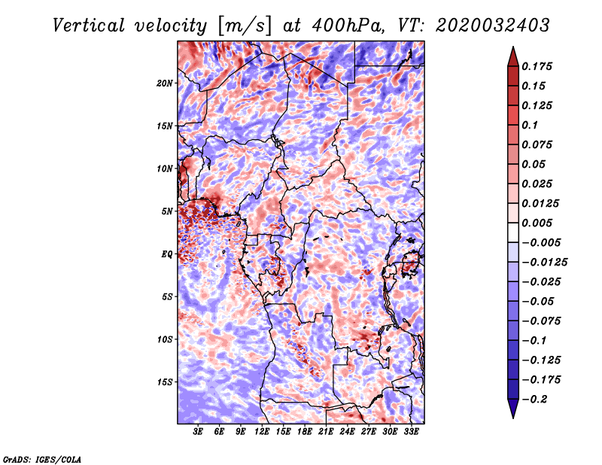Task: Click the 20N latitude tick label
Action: [165, 83]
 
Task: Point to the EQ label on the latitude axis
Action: [167, 254]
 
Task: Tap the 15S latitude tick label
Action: [165, 382]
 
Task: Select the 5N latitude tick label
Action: [167, 211]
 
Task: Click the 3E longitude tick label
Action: [199, 432]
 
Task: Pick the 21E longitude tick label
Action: [326, 432]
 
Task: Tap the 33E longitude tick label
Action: [411, 432]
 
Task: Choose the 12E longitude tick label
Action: [262, 432]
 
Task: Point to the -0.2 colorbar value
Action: [536, 400]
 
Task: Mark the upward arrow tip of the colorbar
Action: [512, 48]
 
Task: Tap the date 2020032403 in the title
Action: [483, 25]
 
